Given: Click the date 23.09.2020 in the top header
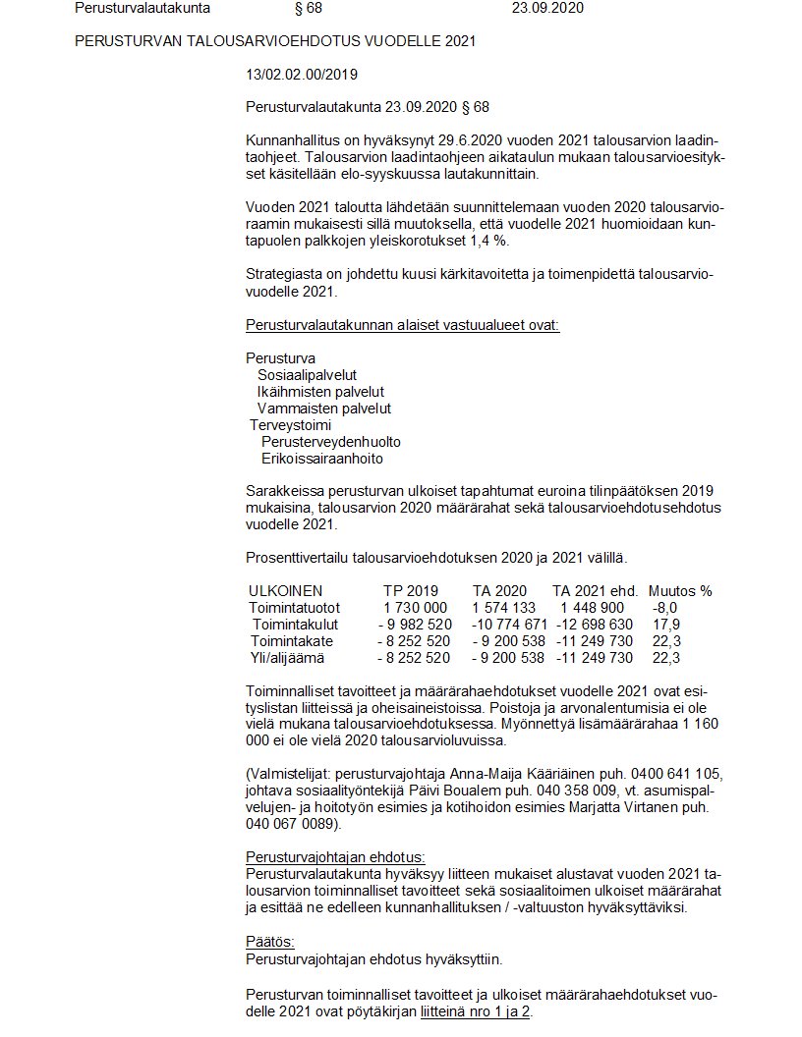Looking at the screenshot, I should [548, 8].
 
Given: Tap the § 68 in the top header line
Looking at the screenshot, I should [308, 8].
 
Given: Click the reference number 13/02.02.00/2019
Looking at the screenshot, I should [302, 74].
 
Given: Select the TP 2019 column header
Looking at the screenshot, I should [410, 591].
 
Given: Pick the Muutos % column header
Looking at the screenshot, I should [680, 591].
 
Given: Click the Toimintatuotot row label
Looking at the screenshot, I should [294, 608].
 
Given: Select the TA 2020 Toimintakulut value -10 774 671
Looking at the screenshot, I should [509, 625].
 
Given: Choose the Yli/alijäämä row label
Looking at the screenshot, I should [286, 658].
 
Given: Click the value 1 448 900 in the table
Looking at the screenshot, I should [593, 608].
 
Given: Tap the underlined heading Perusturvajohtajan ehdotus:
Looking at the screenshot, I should [335, 856].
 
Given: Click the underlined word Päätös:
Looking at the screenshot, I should [263, 942].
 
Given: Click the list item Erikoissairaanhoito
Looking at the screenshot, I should [322, 459].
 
